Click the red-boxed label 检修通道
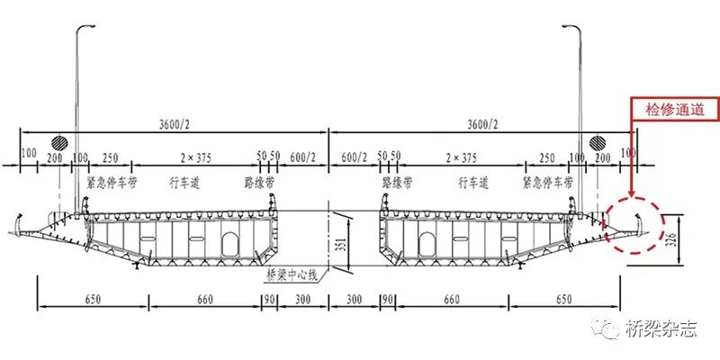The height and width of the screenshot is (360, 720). click(674, 110)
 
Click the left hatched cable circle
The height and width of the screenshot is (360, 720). click(59, 143)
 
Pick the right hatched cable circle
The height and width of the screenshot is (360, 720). click(598, 143)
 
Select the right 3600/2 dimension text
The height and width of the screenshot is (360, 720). click(482, 124)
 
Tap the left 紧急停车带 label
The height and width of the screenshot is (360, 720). click(112, 184)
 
